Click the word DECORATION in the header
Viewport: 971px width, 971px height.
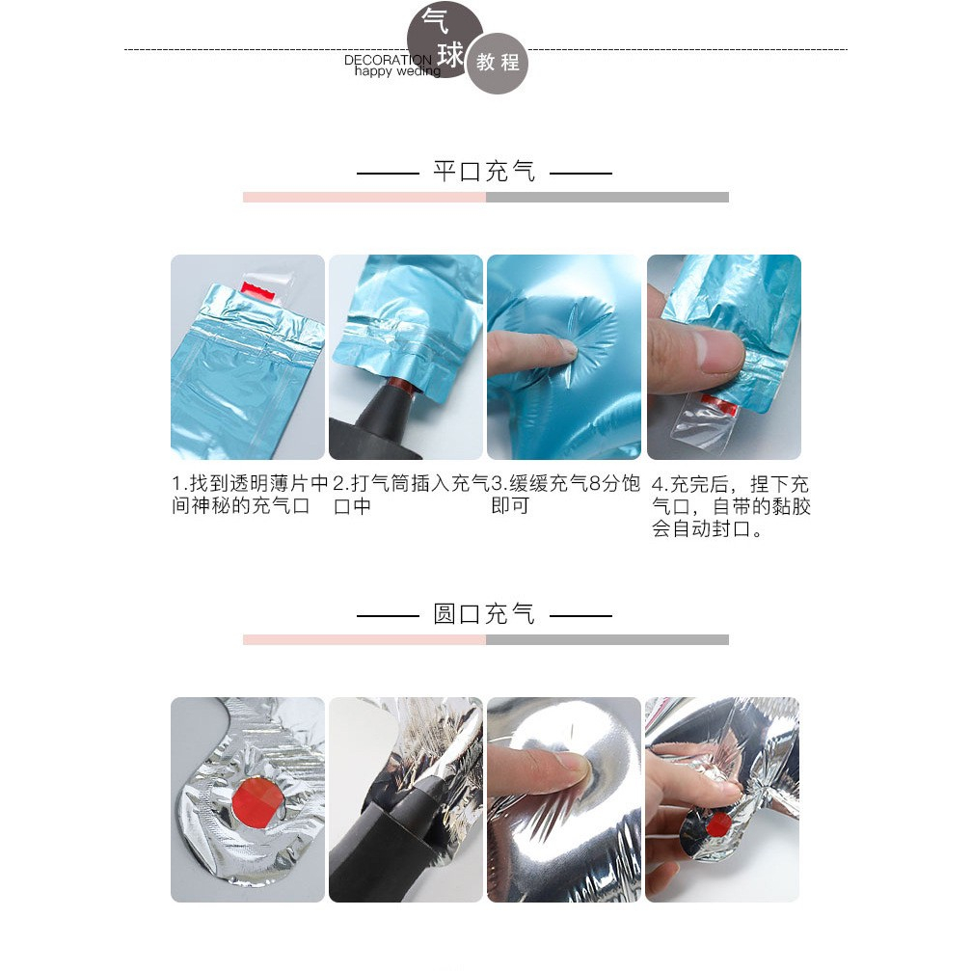389,60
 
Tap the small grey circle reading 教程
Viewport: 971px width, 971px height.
498,63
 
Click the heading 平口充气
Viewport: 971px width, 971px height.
484,172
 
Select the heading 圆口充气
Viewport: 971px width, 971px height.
484,614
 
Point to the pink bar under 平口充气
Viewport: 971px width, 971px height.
364,197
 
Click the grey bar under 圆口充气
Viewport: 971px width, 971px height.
607,639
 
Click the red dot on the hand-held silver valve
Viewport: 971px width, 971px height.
718,824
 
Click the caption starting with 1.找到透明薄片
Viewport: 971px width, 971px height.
250,495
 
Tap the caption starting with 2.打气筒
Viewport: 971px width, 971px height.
411,495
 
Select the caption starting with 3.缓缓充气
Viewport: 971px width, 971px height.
565,495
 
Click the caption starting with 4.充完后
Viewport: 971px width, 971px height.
731,506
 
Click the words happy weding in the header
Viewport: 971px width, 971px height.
397,71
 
